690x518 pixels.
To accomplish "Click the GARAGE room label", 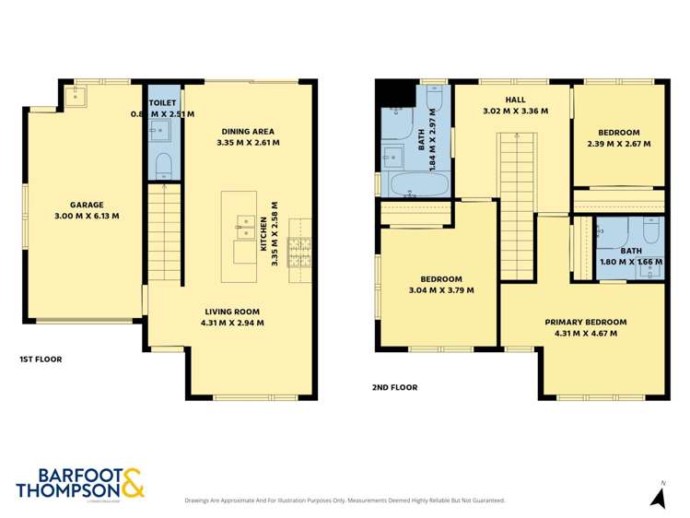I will pos(88,205).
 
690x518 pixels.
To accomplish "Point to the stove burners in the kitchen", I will pos(301,250).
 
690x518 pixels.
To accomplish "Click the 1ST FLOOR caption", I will pos(41,359).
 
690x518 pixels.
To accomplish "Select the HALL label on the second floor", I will pos(515,99).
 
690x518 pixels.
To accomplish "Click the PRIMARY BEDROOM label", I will pos(585,322).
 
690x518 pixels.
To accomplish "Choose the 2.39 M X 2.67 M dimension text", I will pos(618,144).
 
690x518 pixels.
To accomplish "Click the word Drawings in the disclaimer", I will pos(201,500).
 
